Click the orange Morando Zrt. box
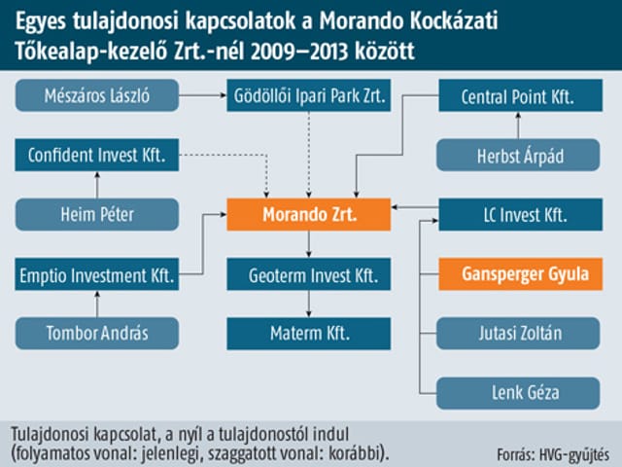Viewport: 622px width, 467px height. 309,214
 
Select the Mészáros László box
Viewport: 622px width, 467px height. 97,95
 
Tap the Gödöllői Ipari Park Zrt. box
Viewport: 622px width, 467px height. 309,95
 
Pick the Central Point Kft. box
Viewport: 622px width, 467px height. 521,95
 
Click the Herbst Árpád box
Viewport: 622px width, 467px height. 518,155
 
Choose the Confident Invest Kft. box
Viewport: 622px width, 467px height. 97,155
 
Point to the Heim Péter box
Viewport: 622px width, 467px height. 97,214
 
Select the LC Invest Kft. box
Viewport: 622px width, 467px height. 521,214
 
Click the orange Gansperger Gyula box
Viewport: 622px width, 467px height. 521,274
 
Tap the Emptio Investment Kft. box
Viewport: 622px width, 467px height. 97,274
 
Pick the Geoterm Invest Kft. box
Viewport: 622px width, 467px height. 309,274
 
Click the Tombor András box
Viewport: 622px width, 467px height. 97,333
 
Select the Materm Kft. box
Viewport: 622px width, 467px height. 309,333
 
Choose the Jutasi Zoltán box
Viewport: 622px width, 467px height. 518,333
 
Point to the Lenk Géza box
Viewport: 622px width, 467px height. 518,393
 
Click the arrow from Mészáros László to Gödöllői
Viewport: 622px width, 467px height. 203,95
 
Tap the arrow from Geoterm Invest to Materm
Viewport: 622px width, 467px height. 309,304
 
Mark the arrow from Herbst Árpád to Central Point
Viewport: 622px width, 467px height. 518,126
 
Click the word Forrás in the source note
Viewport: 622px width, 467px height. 514,454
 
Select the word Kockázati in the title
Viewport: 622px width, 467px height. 454,20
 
